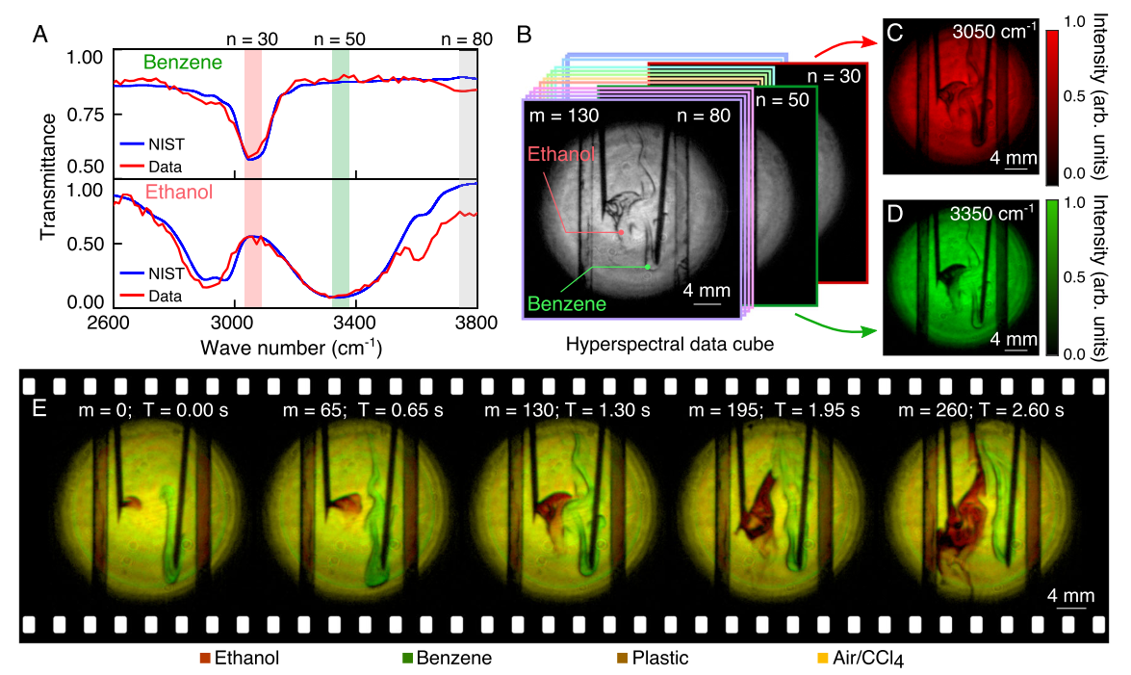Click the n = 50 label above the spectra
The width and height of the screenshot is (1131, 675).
click(x=342, y=39)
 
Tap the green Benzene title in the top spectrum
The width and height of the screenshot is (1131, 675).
click(x=183, y=64)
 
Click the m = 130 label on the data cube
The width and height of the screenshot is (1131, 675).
click(x=564, y=116)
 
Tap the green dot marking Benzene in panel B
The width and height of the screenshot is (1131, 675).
click(x=648, y=266)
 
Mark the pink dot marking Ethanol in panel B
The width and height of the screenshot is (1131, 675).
click(x=621, y=232)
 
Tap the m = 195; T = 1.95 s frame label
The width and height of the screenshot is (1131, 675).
click(x=758, y=411)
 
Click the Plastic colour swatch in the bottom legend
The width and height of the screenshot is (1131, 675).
click(x=618, y=660)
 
